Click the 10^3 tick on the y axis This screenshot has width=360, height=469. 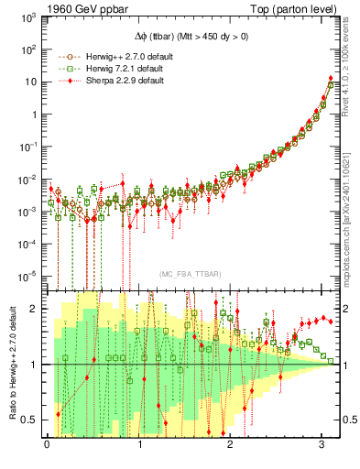(29, 16)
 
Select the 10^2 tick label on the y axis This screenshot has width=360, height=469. (29, 49)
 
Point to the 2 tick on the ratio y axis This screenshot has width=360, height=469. (35, 309)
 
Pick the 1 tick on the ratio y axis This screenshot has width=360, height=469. (35, 365)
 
